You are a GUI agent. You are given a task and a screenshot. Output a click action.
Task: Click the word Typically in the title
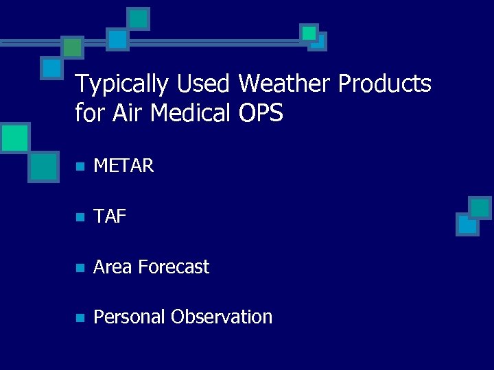pyautogui.click(x=121, y=84)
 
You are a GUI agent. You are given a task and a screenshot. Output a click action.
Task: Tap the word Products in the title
pyautogui.click(x=385, y=84)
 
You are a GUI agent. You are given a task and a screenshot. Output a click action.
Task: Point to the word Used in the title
pyautogui.click(x=203, y=84)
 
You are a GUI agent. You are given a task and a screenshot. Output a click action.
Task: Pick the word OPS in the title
pyautogui.click(x=261, y=112)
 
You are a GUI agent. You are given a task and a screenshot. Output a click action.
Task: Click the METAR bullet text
pyautogui.click(x=123, y=166)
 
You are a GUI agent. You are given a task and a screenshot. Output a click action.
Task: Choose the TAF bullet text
pyautogui.click(x=110, y=217)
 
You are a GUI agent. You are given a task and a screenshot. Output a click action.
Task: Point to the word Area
pyautogui.click(x=113, y=267)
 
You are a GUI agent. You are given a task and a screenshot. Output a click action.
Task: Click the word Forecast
pyautogui.click(x=174, y=267)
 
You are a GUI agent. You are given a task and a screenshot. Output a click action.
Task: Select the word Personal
pyautogui.click(x=130, y=317)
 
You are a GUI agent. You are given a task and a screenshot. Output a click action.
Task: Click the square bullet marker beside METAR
pyautogui.click(x=80, y=166)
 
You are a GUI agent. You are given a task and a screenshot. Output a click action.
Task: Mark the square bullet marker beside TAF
pyautogui.click(x=80, y=217)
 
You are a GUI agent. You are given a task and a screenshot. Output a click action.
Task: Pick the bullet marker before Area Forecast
pyautogui.click(x=80, y=267)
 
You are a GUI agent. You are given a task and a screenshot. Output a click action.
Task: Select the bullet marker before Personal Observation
pyautogui.click(x=80, y=318)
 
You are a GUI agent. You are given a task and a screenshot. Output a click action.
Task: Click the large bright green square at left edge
pyautogui.click(x=14, y=138)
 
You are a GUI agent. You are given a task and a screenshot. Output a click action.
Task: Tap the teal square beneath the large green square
pyautogui.click(x=45, y=166)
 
